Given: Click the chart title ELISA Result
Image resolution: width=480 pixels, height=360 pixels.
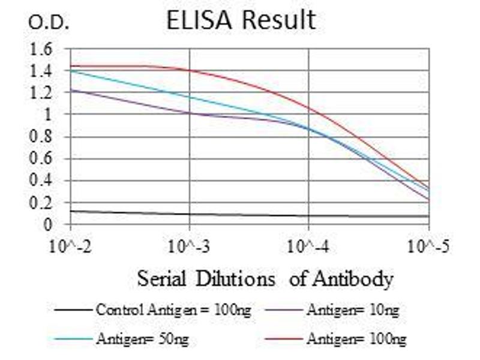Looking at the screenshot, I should (x=241, y=20).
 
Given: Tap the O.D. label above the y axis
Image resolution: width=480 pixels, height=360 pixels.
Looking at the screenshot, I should (x=49, y=23).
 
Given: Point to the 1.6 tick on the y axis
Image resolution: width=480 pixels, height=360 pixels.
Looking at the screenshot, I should (x=41, y=49).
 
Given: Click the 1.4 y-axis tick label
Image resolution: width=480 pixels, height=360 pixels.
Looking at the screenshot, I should (x=41, y=71).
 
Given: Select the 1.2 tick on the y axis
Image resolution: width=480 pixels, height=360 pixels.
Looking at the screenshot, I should (x=41, y=93).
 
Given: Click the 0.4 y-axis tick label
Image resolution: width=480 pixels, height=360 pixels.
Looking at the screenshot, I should (x=41, y=181).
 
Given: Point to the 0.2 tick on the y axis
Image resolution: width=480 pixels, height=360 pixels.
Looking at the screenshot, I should (x=41, y=203).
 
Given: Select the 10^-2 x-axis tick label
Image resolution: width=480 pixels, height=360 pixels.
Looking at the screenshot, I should (x=71, y=245).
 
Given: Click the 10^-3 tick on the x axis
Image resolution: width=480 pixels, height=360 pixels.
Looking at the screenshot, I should (x=190, y=245).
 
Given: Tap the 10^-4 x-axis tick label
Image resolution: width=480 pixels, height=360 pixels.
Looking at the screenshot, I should (x=308, y=245).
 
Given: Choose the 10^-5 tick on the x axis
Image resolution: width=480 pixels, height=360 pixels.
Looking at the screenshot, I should (x=428, y=245).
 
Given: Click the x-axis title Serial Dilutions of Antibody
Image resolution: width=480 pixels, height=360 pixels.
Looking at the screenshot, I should (x=265, y=278).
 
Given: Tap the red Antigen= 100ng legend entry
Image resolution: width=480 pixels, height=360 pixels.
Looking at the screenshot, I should (x=356, y=340).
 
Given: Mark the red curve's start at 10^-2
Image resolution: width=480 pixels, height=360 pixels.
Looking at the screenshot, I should (x=71, y=66).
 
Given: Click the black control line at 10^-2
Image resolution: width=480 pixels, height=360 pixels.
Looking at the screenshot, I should (x=71, y=211).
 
